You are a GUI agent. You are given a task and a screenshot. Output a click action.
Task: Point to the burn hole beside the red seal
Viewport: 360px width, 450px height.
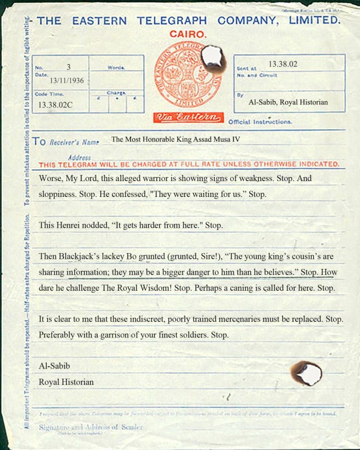[212, 55]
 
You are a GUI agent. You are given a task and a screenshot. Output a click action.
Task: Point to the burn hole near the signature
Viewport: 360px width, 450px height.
[306, 372]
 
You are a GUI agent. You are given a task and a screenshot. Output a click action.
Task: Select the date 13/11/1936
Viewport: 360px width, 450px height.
[67, 81]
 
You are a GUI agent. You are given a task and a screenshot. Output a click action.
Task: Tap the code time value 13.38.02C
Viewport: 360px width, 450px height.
[55, 105]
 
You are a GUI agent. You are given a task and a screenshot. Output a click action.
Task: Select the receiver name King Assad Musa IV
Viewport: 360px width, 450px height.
[175, 138]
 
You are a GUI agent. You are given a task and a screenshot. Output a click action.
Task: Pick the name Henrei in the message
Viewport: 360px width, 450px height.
[72, 225]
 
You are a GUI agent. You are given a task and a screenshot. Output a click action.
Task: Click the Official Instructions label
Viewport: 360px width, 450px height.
[260, 121]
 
